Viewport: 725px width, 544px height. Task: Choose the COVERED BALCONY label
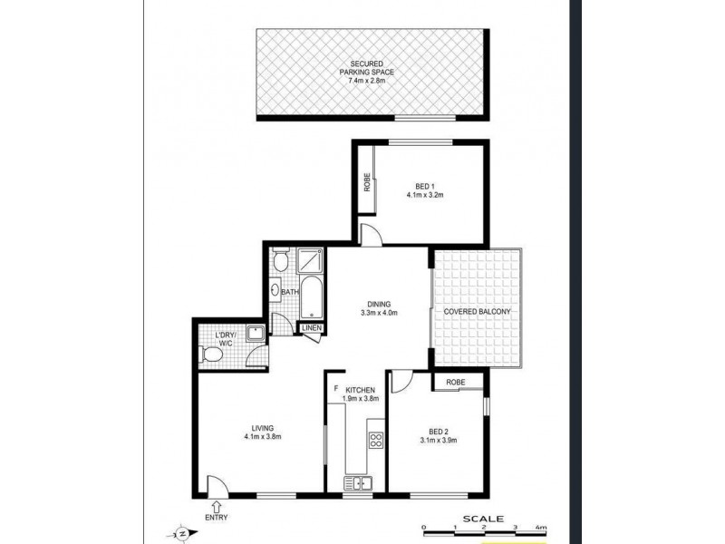click(478, 312)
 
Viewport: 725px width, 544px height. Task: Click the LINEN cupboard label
click(311, 328)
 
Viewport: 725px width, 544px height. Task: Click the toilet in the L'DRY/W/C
click(212, 355)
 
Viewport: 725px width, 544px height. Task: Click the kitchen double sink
click(357, 484)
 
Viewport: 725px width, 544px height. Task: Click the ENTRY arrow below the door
click(217, 507)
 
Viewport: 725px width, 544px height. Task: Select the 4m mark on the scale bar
click(542, 528)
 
